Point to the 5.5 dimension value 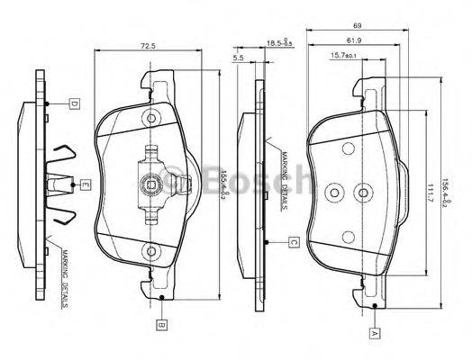click(x=239, y=58)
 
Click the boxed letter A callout click(x=374, y=332)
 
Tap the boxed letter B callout click(x=160, y=322)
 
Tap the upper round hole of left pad click(x=151, y=117)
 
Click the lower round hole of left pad click(x=151, y=251)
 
